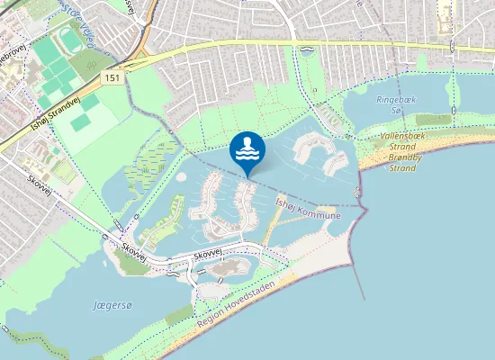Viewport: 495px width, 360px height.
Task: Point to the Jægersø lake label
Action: (112, 306)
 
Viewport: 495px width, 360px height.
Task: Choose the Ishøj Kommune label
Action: (308, 209)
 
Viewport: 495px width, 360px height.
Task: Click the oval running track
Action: (71, 40)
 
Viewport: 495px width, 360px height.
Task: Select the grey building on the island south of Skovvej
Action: (229, 267)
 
